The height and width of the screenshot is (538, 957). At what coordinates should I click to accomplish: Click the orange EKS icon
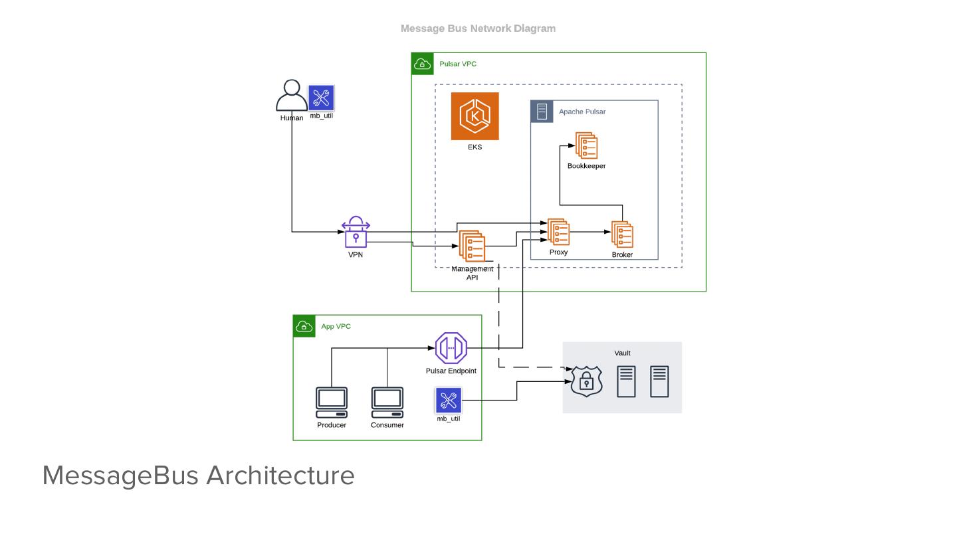tap(475, 116)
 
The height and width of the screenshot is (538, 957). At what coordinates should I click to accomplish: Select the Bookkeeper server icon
tap(587, 146)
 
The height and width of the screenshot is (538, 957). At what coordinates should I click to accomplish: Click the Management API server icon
tap(472, 246)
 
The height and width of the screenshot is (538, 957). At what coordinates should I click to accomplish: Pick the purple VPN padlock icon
tap(356, 232)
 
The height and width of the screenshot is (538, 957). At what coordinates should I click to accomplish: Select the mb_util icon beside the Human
tap(321, 98)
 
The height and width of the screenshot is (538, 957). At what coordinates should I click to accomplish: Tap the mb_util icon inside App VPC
tap(449, 401)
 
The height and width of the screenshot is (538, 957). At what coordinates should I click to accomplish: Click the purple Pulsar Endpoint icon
tap(451, 347)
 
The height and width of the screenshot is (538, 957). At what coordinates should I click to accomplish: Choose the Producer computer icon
tap(331, 402)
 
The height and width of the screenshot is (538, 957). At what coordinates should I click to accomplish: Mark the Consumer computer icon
tap(387, 402)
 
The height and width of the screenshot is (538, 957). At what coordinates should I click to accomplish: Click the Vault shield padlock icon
tap(586, 381)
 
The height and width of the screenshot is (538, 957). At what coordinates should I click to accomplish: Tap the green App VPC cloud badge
tap(304, 326)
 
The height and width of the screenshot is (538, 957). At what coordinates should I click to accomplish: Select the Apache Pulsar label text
tap(582, 112)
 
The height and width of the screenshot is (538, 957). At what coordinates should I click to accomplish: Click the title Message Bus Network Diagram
tap(478, 28)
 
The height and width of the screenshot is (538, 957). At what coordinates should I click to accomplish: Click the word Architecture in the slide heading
tap(280, 476)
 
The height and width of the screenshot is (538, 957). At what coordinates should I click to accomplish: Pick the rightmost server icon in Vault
tap(659, 381)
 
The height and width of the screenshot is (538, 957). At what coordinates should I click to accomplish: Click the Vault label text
tap(622, 353)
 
